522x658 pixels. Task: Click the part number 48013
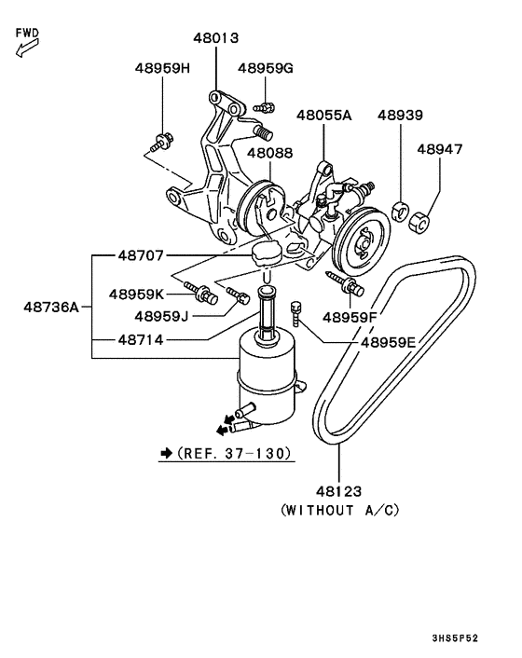tap(216, 38)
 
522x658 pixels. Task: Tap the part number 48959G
tap(266, 68)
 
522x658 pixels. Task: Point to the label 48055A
tap(324, 116)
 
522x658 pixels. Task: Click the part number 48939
tap(400, 116)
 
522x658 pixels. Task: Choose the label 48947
tap(439, 148)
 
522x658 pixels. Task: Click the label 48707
tap(141, 254)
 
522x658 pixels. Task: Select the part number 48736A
tap(52, 306)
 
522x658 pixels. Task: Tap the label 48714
tap(141, 340)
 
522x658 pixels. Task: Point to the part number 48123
tap(338, 490)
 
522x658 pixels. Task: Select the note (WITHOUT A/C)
tap(339, 511)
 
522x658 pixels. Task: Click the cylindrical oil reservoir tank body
tap(266, 377)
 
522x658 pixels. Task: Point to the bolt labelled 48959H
tap(162, 141)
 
